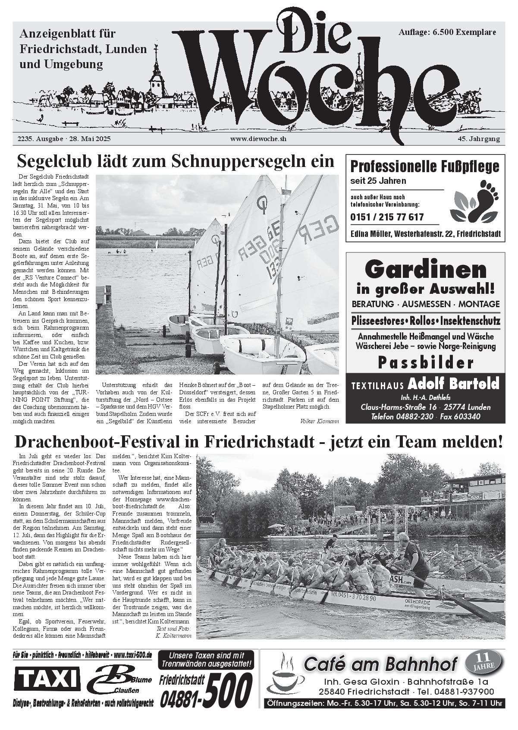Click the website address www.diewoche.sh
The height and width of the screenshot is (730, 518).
[258, 139]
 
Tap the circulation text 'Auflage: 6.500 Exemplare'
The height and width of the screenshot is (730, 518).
[447, 32]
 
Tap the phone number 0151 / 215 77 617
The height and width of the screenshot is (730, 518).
[387, 217]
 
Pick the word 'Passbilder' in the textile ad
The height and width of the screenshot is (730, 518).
[425, 363]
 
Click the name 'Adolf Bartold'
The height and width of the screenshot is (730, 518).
[453, 384]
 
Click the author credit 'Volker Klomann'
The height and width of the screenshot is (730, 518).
[319, 420]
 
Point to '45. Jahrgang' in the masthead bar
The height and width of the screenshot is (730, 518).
[479, 139]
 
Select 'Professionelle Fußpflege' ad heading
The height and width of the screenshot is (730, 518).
[425, 167]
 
